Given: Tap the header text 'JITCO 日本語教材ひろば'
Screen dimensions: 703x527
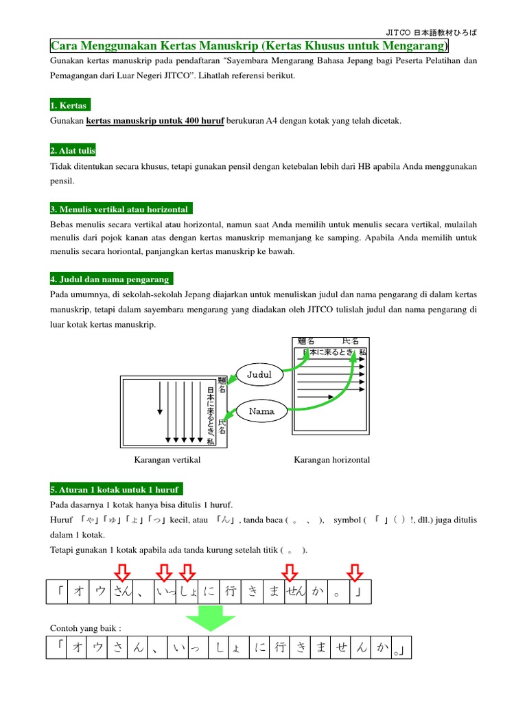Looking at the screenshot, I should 430,32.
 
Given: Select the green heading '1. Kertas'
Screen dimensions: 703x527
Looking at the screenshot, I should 69,105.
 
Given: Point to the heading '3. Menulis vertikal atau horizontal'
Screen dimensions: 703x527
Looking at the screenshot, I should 121,209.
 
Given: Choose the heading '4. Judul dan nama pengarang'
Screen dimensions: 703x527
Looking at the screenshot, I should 111,279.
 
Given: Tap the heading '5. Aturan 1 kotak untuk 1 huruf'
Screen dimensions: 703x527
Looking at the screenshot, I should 116,489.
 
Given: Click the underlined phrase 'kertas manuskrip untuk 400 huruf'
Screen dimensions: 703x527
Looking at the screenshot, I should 155,121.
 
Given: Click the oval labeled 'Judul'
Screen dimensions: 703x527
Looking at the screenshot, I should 259,374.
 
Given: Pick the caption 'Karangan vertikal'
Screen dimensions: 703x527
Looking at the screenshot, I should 167,459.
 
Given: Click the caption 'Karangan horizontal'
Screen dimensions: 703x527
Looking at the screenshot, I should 331,459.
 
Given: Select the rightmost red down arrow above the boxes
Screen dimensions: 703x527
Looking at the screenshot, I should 355,571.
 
